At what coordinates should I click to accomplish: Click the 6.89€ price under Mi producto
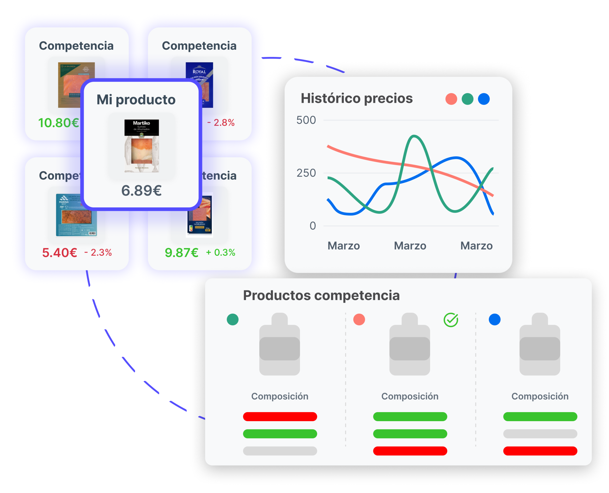[x=141, y=191]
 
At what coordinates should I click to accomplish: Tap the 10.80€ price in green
[x=59, y=123]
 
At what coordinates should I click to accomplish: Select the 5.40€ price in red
[x=60, y=253]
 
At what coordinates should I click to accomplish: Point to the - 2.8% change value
[x=221, y=123]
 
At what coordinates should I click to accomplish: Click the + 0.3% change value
[x=221, y=252]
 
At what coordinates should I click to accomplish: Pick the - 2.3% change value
[x=98, y=252]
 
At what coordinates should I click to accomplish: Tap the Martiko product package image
[x=142, y=146]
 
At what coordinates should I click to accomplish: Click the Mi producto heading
[x=136, y=100]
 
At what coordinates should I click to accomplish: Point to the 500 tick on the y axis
[x=306, y=120]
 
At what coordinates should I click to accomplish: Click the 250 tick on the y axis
[x=306, y=173]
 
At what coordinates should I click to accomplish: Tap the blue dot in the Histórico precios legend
[x=484, y=99]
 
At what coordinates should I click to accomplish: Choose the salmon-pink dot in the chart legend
[x=451, y=99]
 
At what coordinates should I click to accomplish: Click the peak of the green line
[x=414, y=136]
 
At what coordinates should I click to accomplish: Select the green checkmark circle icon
[x=451, y=320]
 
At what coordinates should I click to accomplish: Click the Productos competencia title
[x=321, y=295]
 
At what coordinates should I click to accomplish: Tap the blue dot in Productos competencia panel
[x=495, y=320]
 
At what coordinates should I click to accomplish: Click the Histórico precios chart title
[x=357, y=99]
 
